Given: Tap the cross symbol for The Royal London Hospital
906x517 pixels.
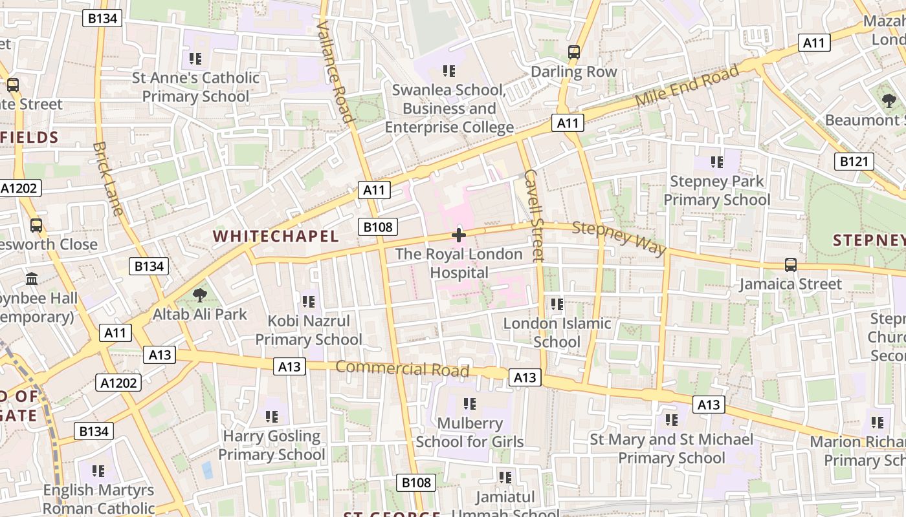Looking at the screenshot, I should pyautogui.click(x=459, y=235).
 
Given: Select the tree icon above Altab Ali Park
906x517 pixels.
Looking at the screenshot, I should pyautogui.click(x=200, y=296).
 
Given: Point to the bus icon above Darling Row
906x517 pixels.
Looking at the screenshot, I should pyautogui.click(x=574, y=52).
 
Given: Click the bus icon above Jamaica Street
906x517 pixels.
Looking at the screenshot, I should pyautogui.click(x=790, y=264).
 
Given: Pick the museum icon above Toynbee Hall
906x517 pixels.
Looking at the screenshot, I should pyautogui.click(x=32, y=279).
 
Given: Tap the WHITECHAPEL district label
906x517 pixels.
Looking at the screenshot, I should pyautogui.click(x=276, y=237).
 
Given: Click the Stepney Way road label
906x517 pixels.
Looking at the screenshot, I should pyautogui.click(x=619, y=238).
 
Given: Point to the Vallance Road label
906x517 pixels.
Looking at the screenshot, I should pyautogui.click(x=335, y=71).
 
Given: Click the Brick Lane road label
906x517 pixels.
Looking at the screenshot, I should pyautogui.click(x=107, y=178).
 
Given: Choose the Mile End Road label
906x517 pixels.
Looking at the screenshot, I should pyautogui.click(x=687, y=86).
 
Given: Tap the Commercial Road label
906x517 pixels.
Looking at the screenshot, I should pyautogui.click(x=402, y=369).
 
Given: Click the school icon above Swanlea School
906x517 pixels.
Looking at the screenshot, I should pyautogui.click(x=449, y=70).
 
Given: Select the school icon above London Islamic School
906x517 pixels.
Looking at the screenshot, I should pyautogui.click(x=557, y=304).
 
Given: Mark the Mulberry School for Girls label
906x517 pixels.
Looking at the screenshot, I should pyautogui.click(x=470, y=432).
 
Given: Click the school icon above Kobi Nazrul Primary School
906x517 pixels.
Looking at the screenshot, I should pyautogui.click(x=309, y=301).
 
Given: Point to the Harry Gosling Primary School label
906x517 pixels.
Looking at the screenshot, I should pyautogui.click(x=272, y=445).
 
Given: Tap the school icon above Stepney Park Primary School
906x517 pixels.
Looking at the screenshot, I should pyautogui.click(x=717, y=162).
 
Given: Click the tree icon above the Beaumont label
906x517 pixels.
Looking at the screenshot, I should pyautogui.click(x=889, y=100).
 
